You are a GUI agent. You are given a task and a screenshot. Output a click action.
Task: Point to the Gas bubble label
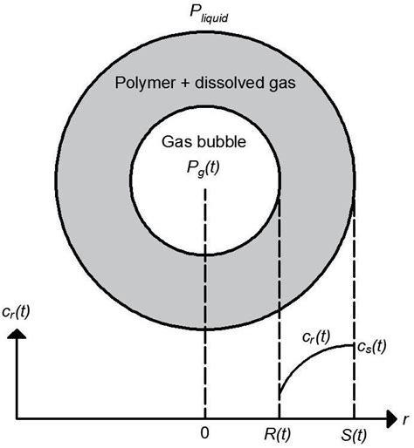point(204,142)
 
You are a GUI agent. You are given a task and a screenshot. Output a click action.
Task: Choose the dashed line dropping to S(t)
point(354,288)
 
